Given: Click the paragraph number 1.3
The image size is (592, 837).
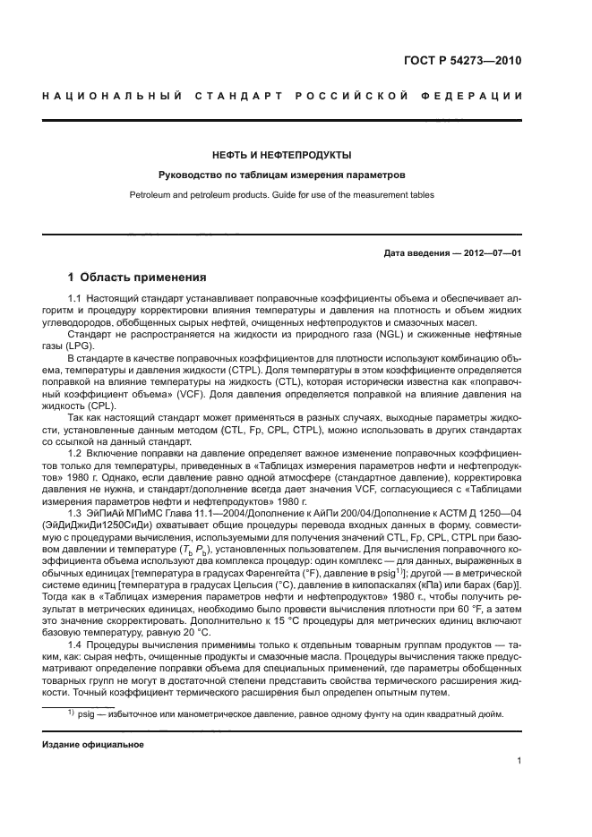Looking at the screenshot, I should (x=77, y=511).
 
